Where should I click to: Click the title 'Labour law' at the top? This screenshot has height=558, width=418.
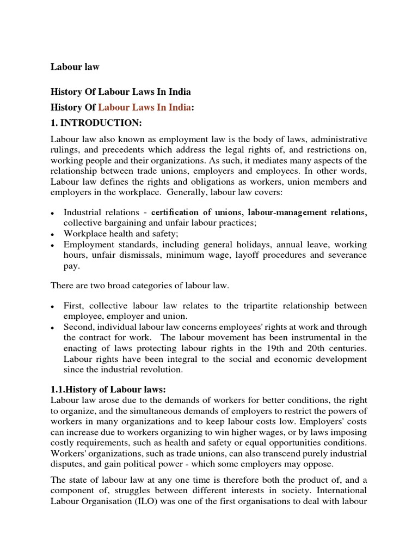click(x=75, y=67)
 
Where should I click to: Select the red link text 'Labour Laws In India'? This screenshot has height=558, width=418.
click(x=144, y=107)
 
